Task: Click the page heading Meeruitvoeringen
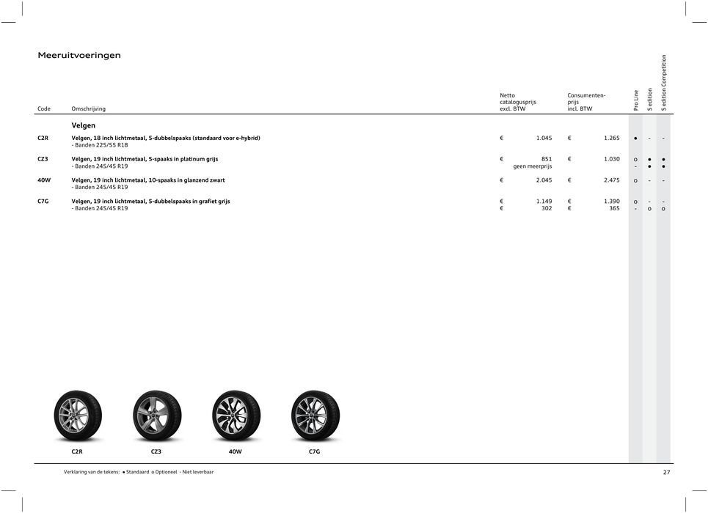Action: [x=79, y=55]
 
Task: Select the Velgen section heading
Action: [x=84, y=125]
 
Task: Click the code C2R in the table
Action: [x=43, y=138]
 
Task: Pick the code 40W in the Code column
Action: [x=44, y=180]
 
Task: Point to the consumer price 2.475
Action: [x=610, y=180]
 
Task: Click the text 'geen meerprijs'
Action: [x=532, y=166]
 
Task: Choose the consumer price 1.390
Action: [x=610, y=202]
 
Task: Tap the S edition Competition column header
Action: [x=664, y=83]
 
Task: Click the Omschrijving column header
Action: [x=88, y=109]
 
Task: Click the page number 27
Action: [x=666, y=473]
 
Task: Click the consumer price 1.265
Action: [x=610, y=138]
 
